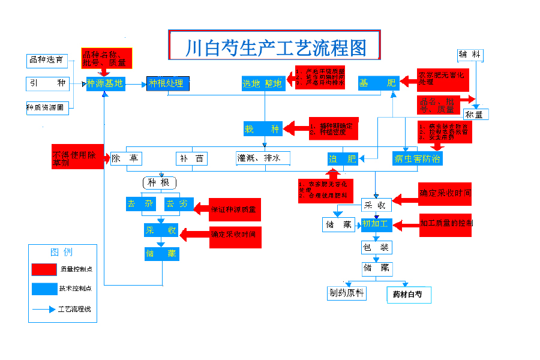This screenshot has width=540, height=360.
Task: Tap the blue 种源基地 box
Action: pyautogui.click(x=105, y=83)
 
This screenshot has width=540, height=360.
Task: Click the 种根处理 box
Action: pyautogui.click(x=168, y=83)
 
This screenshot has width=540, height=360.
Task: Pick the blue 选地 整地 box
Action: pyautogui.click(x=262, y=83)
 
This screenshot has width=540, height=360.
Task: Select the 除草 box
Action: pyautogui.click(x=125, y=158)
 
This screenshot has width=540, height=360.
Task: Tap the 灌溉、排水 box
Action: pyautogui.click(x=263, y=158)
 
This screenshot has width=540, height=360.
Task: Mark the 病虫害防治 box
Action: pyautogui.click(x=418, y=158)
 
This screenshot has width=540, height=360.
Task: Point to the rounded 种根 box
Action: pyautogui.click(x=159, y=182)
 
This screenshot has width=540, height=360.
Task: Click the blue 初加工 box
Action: pyautogui.click(x=376, y=224)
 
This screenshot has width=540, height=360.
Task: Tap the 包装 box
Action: pyautogui.click(x=376, y=247)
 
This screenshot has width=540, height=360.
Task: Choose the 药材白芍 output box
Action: pyautogui.click(x=407, y=294)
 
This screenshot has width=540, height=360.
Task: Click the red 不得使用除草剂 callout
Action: pyautogui.click(x=77, y=157)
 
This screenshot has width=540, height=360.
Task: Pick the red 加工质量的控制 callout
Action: pyautogui.click(x=444, y=224)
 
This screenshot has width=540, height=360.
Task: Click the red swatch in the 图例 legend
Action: pyautogui.click(x=44, y=268)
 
